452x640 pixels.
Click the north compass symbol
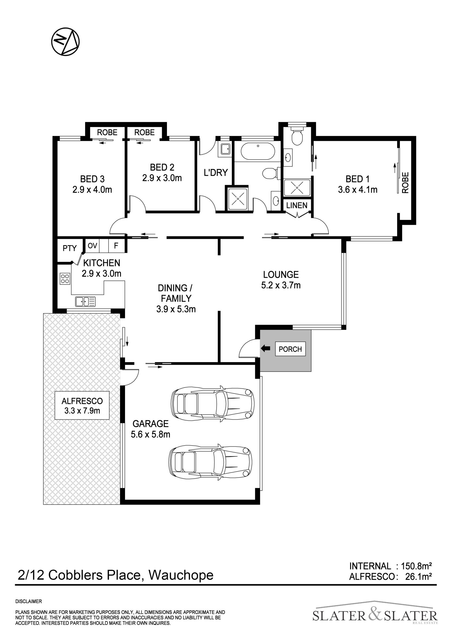coord(65,42)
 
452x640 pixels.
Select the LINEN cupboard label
coord(297,205)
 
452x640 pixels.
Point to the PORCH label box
coord(290,349)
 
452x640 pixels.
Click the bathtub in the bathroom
coord(258,151)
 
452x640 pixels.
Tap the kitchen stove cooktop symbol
coord(65,279)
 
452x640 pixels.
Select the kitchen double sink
coord(85,302)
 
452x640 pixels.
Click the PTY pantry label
coord(70,248)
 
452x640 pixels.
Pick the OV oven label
coord(93,246)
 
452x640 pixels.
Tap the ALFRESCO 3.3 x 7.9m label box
coord(82,406)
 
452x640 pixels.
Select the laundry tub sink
coord(226,149)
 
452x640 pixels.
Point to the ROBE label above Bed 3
coord(107,132)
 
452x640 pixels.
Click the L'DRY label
coord(216,172)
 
